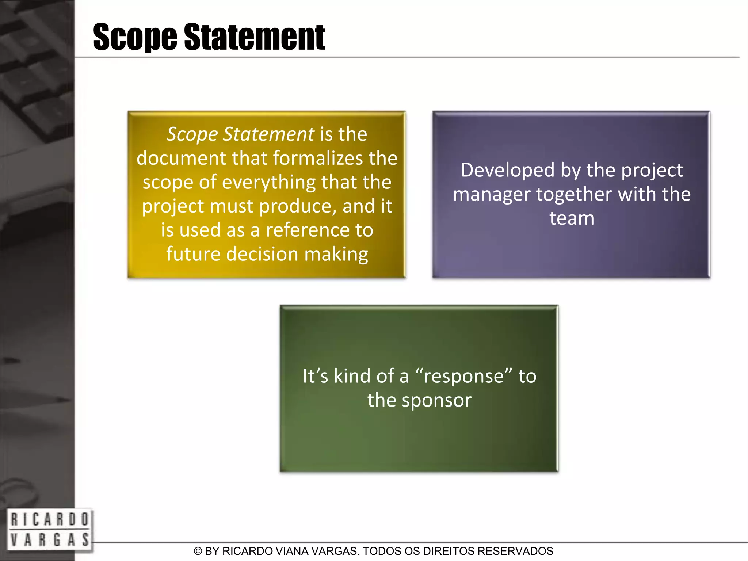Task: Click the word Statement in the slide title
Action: [x=254, y=37]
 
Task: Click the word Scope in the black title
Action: [x=135, y=37]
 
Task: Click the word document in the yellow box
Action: [x=181, y=158]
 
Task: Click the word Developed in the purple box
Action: [x=508, y=170]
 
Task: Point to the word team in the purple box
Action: [x=572, y=218]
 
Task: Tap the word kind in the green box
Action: [x=352, y=376]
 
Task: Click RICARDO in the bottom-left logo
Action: [x=50, y=519]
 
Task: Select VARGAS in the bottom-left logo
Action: [x=50, y=539]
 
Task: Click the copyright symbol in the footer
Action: [x=198, y=551]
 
